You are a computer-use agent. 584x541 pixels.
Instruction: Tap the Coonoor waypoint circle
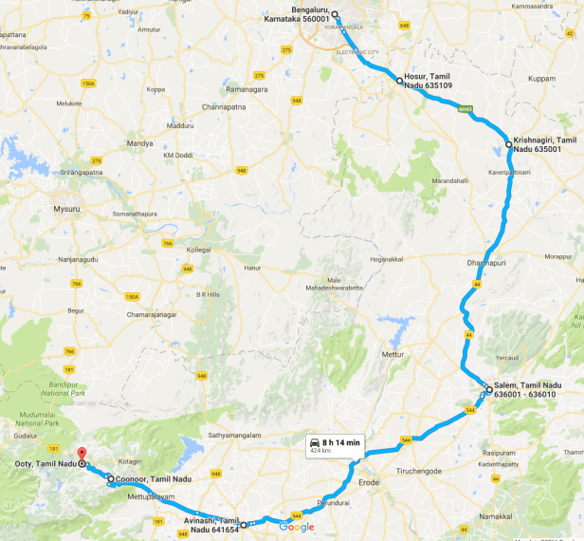click(x=111, y=479)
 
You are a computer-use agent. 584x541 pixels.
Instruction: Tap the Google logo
click(x=297, y=528)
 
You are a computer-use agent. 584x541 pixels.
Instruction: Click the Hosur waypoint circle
click(x=399, y=82)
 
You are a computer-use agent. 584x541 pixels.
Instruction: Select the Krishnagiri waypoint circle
click(x=509, y=144)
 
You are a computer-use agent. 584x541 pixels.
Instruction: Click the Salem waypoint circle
click(x=489, y=389)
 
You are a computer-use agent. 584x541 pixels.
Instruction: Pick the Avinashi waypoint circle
click(x=243, y=524)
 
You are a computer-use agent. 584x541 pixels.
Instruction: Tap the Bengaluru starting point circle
click(x=336, y=15)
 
